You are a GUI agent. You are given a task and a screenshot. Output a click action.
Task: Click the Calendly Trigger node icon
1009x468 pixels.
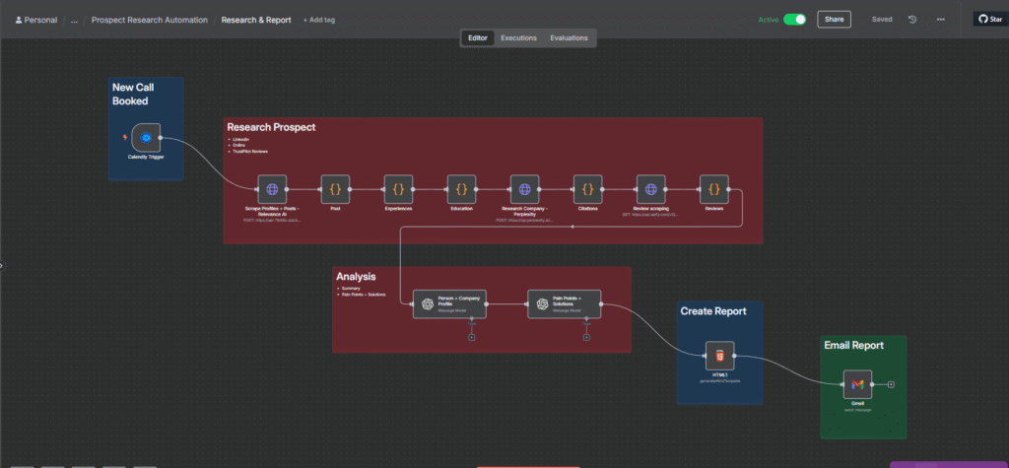(146, 138)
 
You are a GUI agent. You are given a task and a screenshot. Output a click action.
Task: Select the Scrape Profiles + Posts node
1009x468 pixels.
(272, 189)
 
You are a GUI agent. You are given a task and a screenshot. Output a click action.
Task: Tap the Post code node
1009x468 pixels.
(335, 189)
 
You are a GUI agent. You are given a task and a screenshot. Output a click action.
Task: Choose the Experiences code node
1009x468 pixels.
(398, 189)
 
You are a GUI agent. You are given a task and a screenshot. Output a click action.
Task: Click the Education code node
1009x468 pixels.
(461, 189)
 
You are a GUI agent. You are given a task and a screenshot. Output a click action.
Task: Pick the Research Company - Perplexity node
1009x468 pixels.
(524, 189)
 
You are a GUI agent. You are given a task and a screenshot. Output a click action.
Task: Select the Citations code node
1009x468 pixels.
(587, 189)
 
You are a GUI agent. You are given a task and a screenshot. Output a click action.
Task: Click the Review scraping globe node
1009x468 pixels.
(650, 189)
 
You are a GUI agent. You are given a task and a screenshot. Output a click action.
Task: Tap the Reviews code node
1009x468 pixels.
(713, 189)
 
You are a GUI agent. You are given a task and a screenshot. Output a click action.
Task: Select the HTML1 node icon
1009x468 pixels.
(719, 356)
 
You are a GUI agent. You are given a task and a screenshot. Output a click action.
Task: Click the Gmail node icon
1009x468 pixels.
(857, 383)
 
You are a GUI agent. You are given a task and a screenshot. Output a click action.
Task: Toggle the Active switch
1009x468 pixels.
(794, 19)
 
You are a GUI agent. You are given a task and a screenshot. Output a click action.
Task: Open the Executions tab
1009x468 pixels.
(518, 38)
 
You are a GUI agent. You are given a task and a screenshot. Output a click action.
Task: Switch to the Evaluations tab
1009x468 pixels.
(569, 38)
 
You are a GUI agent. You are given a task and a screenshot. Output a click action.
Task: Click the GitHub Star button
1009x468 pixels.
(989, 19)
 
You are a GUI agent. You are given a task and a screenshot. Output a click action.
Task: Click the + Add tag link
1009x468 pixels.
(319, 20)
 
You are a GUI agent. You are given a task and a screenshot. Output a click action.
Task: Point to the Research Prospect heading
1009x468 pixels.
(271, 127)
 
